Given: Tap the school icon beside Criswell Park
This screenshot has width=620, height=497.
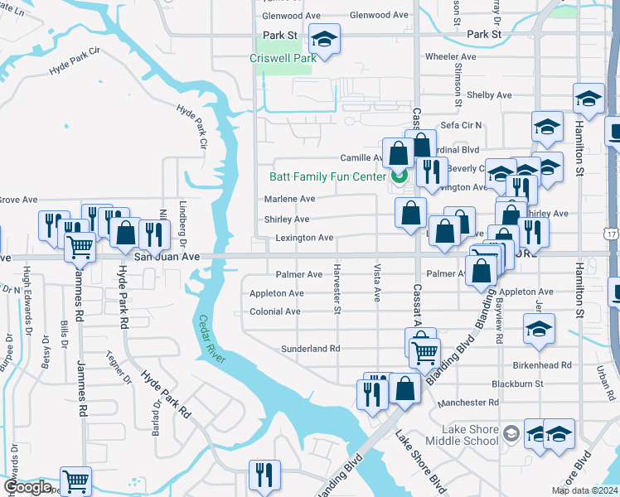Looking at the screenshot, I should tap(324, 39).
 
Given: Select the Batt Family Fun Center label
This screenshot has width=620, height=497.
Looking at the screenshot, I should tap(327, 176).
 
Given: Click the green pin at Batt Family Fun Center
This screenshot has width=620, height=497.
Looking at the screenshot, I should tap(399, 176).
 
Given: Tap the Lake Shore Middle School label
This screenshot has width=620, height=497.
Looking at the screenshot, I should tap(458, 435).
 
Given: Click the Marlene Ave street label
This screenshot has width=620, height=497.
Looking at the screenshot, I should tap(289, 199).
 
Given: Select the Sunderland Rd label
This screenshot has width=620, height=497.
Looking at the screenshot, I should tap(310, 349).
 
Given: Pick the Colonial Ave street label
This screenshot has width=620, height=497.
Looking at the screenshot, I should tap(275, 312).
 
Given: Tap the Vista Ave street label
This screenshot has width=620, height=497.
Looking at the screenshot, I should tap(377, 284).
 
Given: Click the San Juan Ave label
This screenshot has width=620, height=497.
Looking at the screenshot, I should tap(167, 257).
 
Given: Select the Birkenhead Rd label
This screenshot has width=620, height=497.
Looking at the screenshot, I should tap(543, 364).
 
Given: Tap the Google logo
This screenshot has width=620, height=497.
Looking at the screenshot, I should tap(27, 487).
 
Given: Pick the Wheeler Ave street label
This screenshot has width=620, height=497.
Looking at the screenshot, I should tap(450, 57).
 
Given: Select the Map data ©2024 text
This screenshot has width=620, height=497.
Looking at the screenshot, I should tap(584, 490).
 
